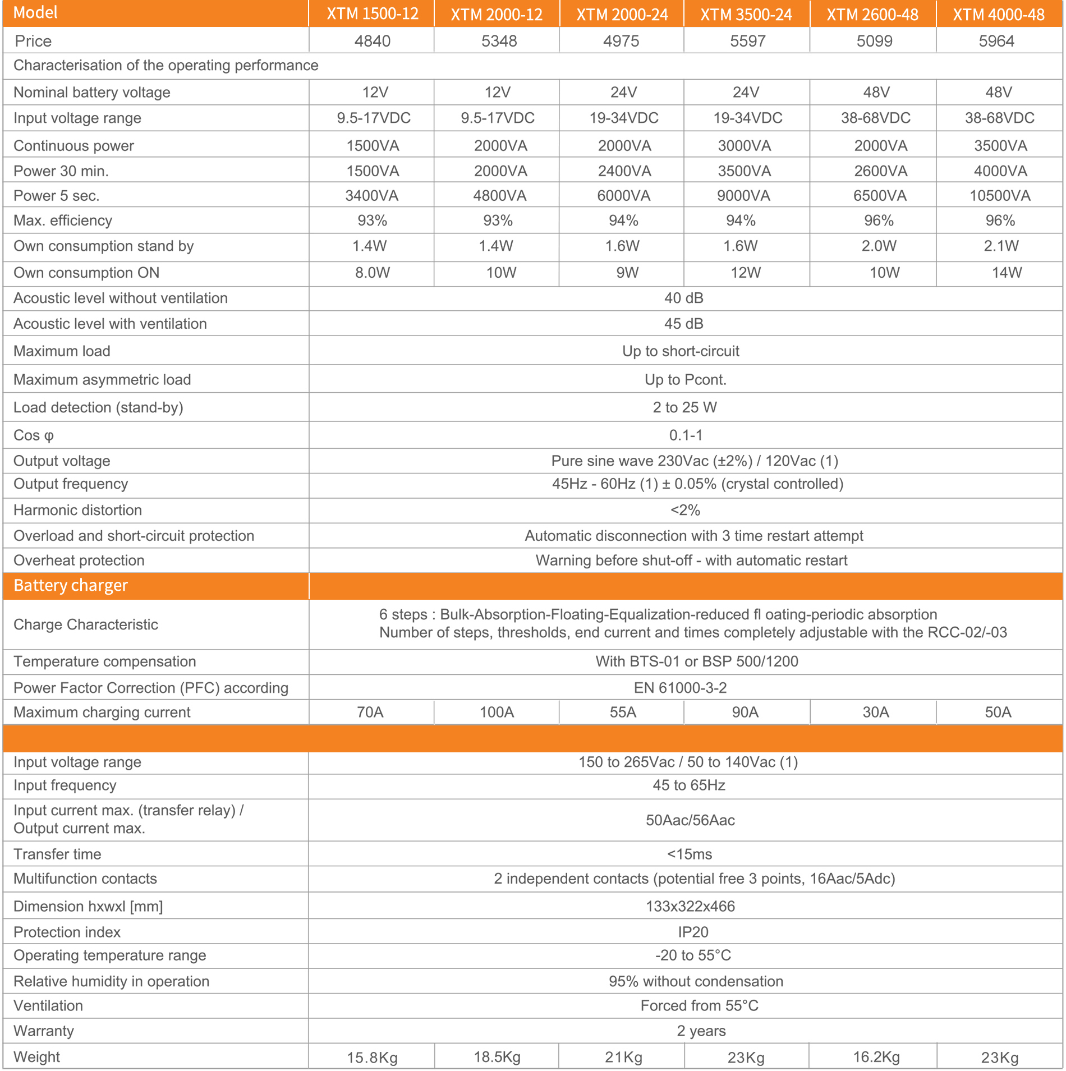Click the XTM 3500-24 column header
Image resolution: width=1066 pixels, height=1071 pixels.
746,15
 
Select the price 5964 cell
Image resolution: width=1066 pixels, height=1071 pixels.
996,41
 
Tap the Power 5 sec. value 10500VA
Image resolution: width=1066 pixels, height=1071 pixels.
1000,196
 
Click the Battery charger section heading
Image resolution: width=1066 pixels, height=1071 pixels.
71,586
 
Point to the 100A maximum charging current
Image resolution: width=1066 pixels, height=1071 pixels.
497,713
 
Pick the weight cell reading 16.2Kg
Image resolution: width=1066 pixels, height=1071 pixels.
876,1057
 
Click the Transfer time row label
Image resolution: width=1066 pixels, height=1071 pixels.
57,854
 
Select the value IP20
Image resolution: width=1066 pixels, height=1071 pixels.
693,932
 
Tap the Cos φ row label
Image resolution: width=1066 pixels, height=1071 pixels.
34,435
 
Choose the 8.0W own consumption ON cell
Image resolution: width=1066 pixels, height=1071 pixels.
373,273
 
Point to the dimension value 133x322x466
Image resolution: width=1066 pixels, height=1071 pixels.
690,906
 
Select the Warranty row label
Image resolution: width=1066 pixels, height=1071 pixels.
44,1031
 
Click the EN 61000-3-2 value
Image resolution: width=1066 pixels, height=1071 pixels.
680,688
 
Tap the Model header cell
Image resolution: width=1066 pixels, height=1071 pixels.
35,13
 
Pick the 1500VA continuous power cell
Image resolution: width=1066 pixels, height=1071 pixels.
373,146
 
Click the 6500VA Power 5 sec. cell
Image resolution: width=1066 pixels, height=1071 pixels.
880,196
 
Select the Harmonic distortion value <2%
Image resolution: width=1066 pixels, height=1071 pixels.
685,510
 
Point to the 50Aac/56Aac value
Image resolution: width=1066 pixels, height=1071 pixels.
690,820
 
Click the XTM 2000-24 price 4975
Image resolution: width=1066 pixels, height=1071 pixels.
621,41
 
